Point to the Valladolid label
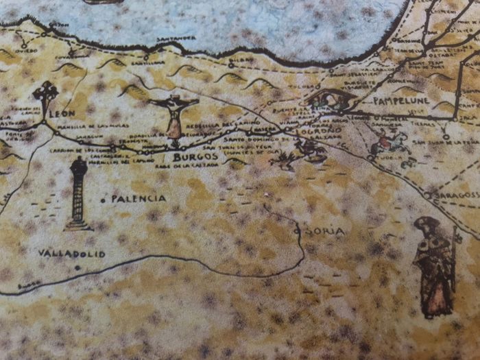click(71, 254)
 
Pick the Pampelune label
click(400, 100)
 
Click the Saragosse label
click(453, 194)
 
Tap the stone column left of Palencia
click(78, 194)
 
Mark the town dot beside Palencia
click(103, 200)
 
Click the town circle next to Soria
click(297, 231)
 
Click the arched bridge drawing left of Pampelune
click(330, 99)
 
